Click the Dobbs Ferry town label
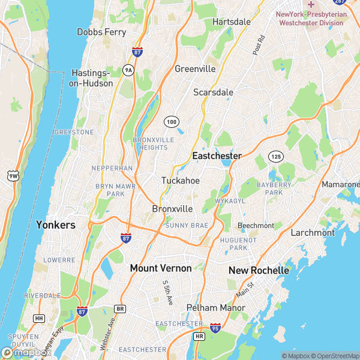click(101, 32)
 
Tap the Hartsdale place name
click(232, 22)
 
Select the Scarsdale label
click(213, 92)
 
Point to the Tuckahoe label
click(181, 180)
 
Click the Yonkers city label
click(56, 225)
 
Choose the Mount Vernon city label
click(161, 268)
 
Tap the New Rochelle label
click(259, 271)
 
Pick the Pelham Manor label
click(215, 308)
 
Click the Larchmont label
click(313, 232)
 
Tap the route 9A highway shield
click(128, 70)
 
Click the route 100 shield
click(172, 122)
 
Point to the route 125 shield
click(276, 156)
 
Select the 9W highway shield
click(13, 176)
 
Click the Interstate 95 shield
click(215, 328)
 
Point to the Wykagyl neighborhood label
click(230, 200)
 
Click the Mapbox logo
click(24, 353)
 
